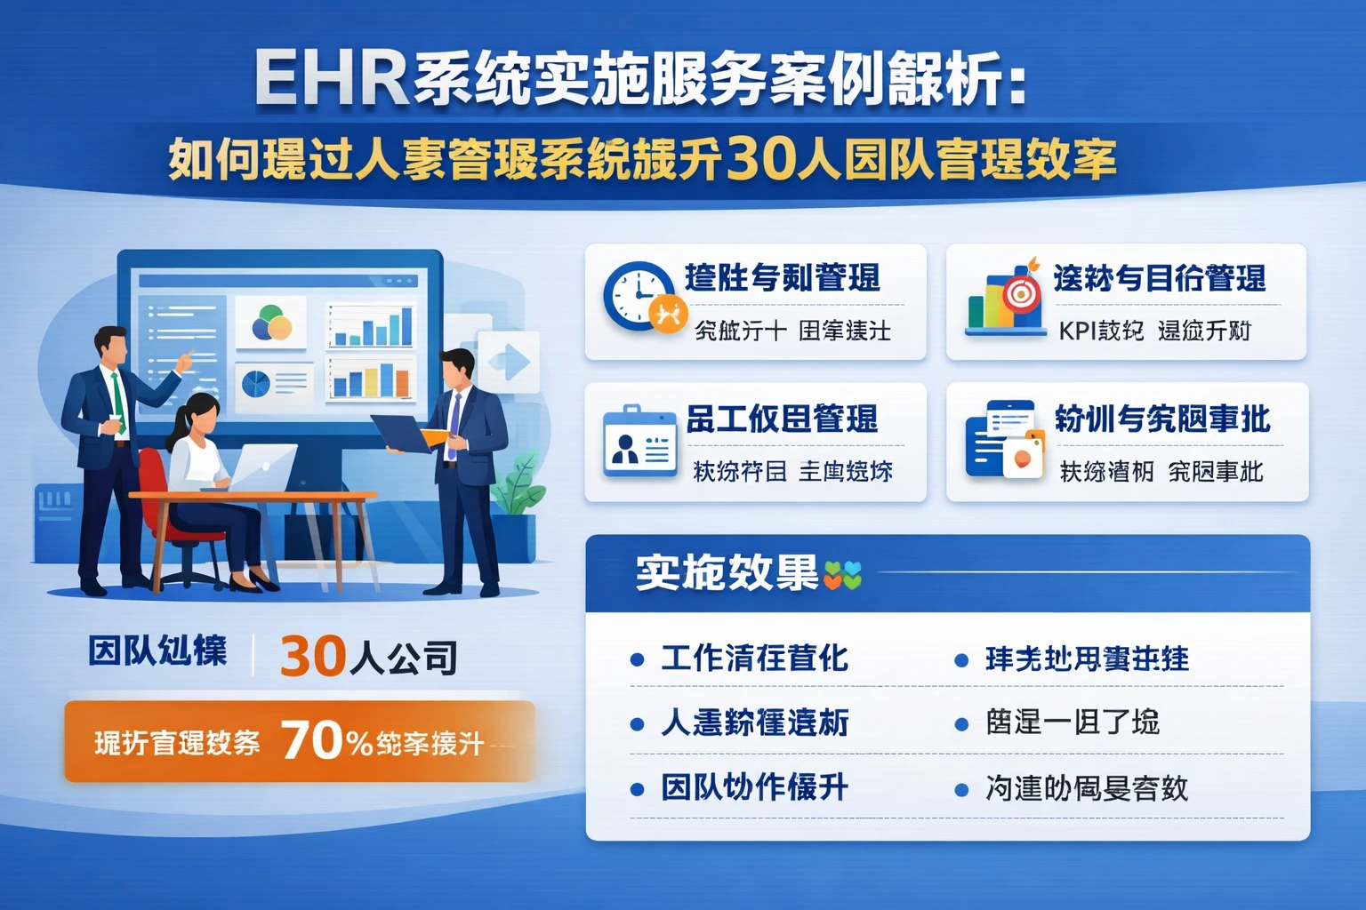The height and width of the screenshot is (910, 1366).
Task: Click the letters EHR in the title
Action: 331,79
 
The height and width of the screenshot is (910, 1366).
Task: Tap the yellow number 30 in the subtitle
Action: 760,159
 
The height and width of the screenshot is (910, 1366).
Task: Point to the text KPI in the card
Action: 1077,331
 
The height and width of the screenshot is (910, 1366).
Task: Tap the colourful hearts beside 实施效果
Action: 842,576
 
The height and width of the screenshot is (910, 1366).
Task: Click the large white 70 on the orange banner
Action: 312,740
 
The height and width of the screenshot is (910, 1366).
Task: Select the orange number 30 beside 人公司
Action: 312,657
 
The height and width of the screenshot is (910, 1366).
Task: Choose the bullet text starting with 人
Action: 753,722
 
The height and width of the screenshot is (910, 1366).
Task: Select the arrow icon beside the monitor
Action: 509,362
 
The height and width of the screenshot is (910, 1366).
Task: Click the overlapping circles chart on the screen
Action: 271,323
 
